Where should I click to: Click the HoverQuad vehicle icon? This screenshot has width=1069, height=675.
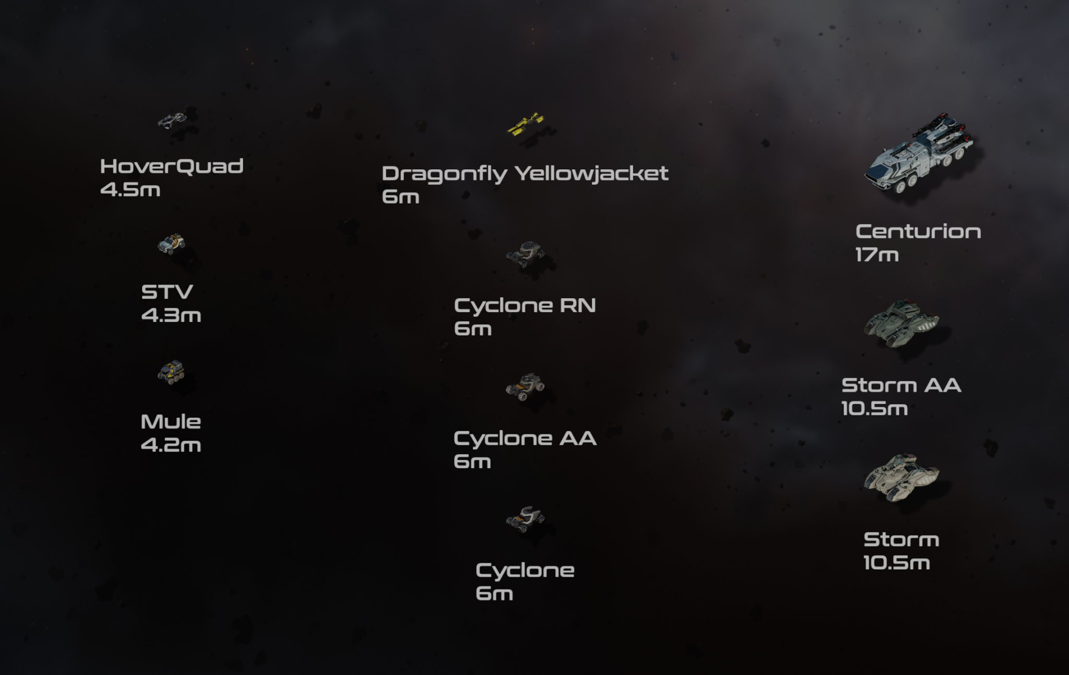172,121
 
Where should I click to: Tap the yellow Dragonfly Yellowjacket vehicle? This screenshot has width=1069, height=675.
526,124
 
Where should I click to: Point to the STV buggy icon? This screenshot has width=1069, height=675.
171,244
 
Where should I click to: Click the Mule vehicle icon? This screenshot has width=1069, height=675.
171,372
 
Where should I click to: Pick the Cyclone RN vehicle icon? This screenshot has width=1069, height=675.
525,254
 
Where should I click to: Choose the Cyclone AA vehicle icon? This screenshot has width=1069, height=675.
525,387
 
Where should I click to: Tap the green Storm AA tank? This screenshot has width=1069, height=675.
901,323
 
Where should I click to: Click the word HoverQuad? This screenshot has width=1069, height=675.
172,166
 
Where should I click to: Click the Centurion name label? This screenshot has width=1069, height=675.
918,231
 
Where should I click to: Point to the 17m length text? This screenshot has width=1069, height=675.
877,255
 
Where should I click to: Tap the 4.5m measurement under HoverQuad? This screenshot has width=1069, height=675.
130,190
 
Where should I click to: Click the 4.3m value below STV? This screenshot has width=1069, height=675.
171,315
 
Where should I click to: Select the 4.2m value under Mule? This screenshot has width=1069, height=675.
171,445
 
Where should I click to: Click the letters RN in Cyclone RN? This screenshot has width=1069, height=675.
577,305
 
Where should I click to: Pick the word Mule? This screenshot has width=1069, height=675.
171,422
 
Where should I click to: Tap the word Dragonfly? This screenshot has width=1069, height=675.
444,174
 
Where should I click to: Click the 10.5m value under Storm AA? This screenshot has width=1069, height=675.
875,409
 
